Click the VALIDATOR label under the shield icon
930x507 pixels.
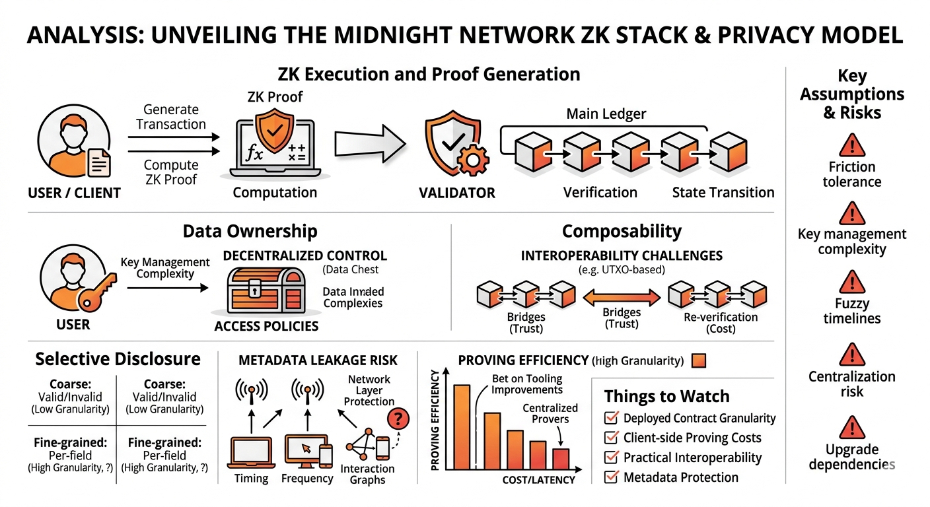[x=456, y=193]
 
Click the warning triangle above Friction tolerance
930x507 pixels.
[x=851, y=145]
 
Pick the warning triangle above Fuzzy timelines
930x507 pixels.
[x=851, y=282]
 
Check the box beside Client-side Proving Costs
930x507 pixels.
[x=612, y=438]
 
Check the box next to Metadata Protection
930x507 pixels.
[x=612, y=477]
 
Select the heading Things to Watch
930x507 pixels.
[x=666, y=397]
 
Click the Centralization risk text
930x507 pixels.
[x=851, y=384]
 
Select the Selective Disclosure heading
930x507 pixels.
[x=118, y=359]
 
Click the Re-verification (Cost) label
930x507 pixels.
[x=721, y=323]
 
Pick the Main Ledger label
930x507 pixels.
[x=606, y=114]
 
